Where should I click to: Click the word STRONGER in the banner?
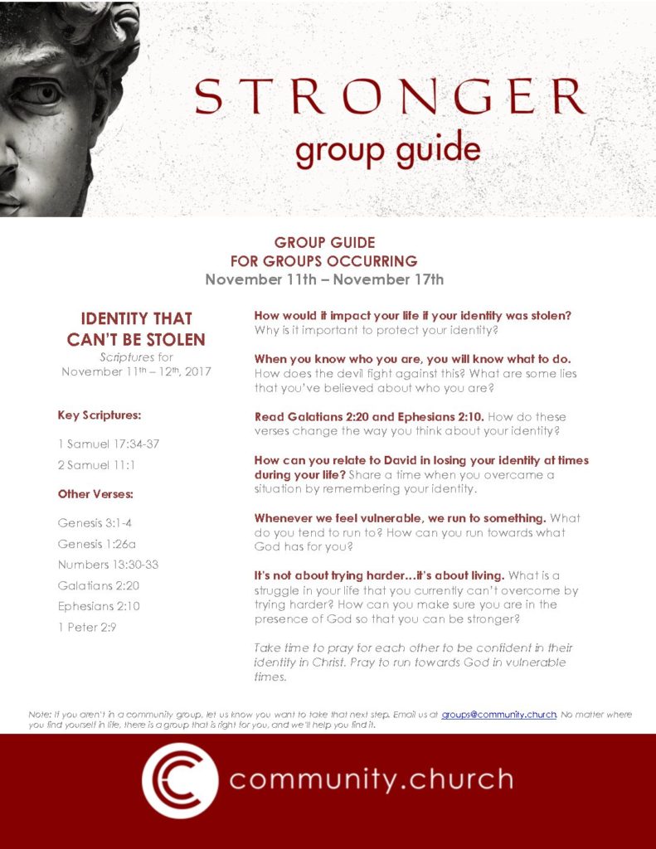click(391, 98)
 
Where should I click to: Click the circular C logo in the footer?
click(180, 780)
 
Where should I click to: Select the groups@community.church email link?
click(498, 714)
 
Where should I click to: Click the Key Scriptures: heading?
click(94, 415)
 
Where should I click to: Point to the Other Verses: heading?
click(95, 494)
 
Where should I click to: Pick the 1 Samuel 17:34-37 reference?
click(108, 444)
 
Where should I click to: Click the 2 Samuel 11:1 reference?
click(96, 465)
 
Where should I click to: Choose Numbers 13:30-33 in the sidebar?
click(108, 565)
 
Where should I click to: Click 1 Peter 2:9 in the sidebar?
click(87, 627)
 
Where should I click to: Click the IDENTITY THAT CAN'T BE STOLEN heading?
click(136, 329)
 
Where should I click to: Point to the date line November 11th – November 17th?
click(324, 279)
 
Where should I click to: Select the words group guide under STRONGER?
click(388, 150)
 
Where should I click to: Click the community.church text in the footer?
click(371, 779)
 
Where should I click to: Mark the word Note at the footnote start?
click(38, 714)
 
